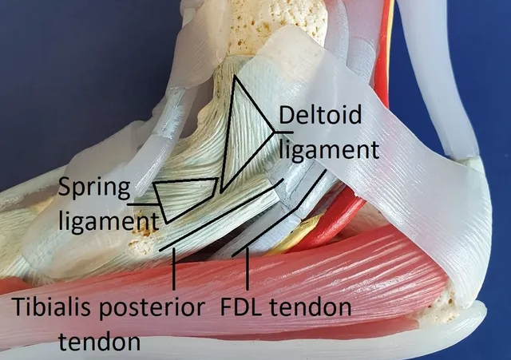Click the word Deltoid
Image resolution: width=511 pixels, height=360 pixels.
coord(320,114)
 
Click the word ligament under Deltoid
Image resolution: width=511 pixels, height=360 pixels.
coord(329,151)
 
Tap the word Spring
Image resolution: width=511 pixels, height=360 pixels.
coord(94,189)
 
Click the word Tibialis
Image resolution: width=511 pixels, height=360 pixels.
coord(52,307)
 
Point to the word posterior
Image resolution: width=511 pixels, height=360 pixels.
coord(151,309)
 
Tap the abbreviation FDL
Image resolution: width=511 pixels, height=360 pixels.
coord(241,307)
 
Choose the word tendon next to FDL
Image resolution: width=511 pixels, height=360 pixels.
coord(311,307)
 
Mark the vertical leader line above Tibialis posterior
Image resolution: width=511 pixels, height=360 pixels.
coord(174,269)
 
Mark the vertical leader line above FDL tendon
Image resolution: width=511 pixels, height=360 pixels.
coord(248,269)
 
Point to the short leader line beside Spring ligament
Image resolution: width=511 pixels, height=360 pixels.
coord(144,204)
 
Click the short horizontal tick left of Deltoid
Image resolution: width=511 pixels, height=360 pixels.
coord(283,133)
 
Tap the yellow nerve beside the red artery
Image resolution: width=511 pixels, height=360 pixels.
coord(298,235)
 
